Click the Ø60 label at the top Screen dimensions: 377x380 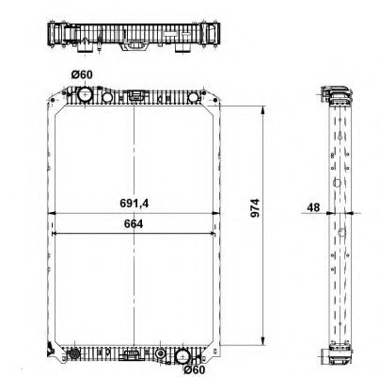click(81, 75)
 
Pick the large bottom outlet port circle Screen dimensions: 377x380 click(183, 355)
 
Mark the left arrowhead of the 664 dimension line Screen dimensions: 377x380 click(53, 231)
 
